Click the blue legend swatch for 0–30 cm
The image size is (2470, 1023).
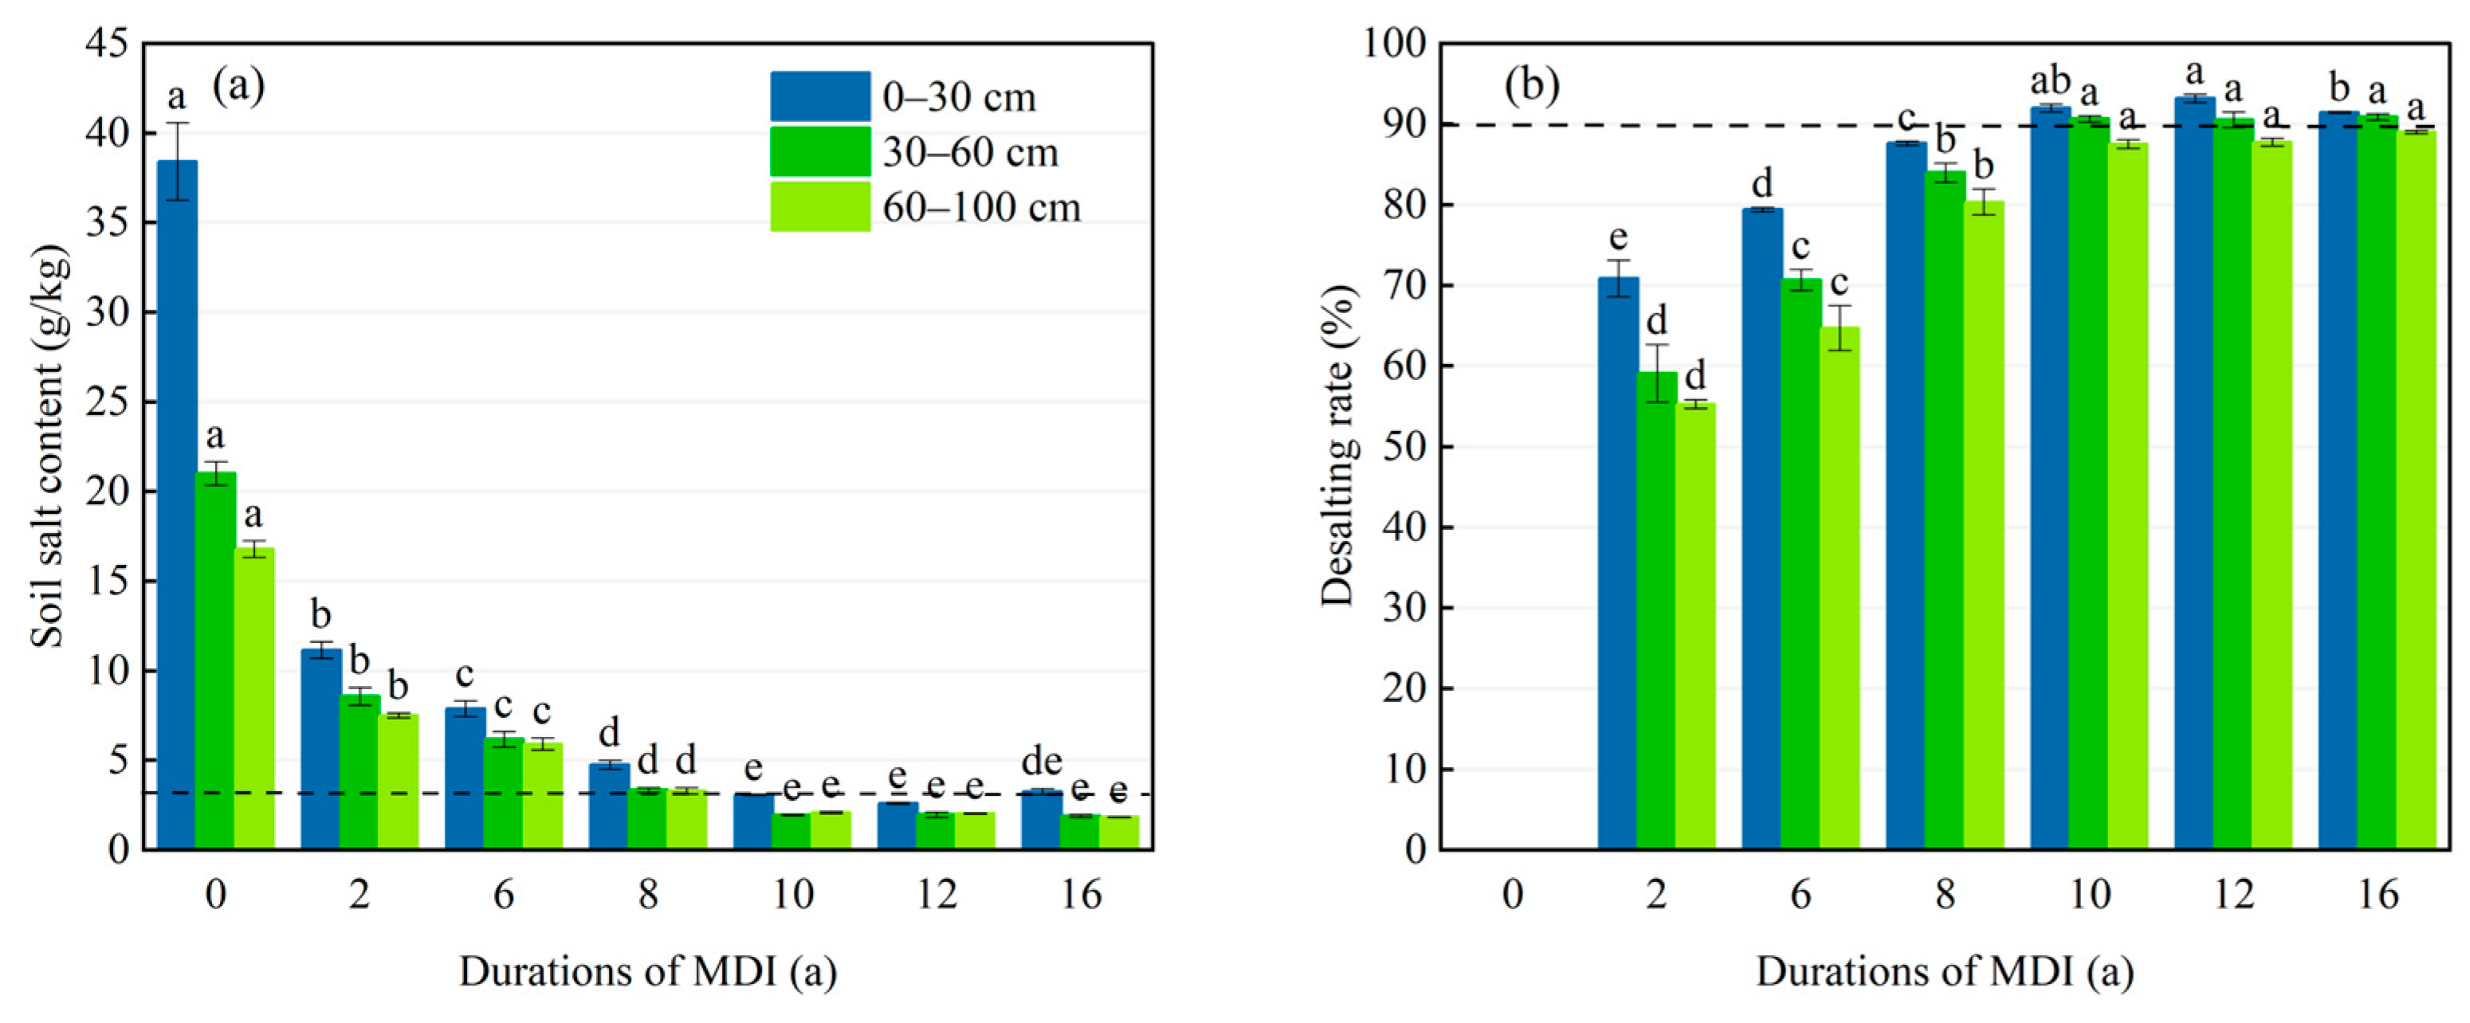(x=820, y=96)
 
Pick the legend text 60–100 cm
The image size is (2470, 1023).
(x=981, y=207)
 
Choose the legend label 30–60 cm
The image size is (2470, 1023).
(x=969, y=152)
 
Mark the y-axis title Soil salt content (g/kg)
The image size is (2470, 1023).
(x=48, y=446)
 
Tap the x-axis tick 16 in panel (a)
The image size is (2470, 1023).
(x=1081, y=895)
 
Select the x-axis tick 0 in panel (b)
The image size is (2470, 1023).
(x=1512, y=895)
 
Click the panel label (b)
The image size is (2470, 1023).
(x=1531, y=86)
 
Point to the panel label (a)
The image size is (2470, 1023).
(x=238, y=86)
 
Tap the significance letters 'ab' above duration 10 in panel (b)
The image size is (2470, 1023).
(x=2050, y=82)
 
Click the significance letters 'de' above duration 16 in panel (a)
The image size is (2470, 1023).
(x=1041, y=762)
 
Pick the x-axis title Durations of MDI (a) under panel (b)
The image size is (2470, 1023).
(x=1945, y=971)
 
